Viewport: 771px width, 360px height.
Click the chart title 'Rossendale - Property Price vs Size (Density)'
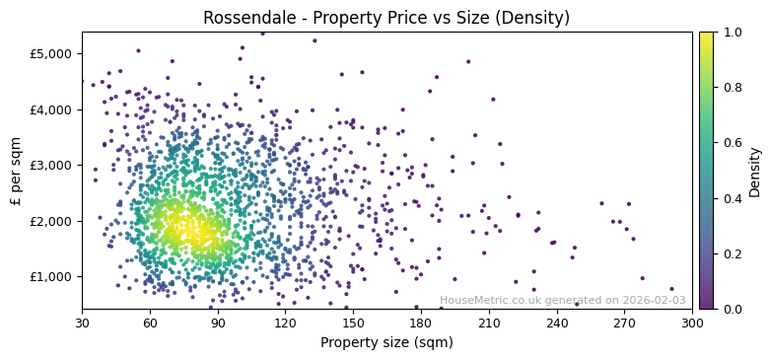pos(385,18)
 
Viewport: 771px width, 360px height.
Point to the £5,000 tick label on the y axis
pos(53,53)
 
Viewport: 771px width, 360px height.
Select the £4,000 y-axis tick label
pos(53,109)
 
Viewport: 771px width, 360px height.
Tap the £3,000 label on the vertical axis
pos(53,165)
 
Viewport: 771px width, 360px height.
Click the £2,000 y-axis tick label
pos(53,221)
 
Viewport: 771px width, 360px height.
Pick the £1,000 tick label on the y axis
pos(53,277)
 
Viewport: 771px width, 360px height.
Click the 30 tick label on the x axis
pos(82,323)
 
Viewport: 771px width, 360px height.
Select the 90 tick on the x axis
pos(218,323)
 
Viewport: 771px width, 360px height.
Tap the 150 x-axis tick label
pos(353,323)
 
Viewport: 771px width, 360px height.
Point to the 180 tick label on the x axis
pos(421,323)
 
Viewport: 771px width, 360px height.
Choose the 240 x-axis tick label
pos(557,323)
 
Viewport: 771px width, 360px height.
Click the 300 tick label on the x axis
pos(692,323)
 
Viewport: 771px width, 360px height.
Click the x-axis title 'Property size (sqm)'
pos(386,342)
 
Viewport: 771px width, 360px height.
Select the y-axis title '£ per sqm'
pos(16,171)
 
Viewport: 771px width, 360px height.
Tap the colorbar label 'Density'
pos(754,171)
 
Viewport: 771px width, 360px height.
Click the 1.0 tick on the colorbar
pos(732,33)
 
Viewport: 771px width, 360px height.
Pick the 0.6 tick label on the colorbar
pos(732,143)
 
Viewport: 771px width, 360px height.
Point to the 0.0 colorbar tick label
pos(732,309)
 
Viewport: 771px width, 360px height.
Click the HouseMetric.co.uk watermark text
pos(563,300)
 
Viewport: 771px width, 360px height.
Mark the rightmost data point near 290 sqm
pos(671,289)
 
